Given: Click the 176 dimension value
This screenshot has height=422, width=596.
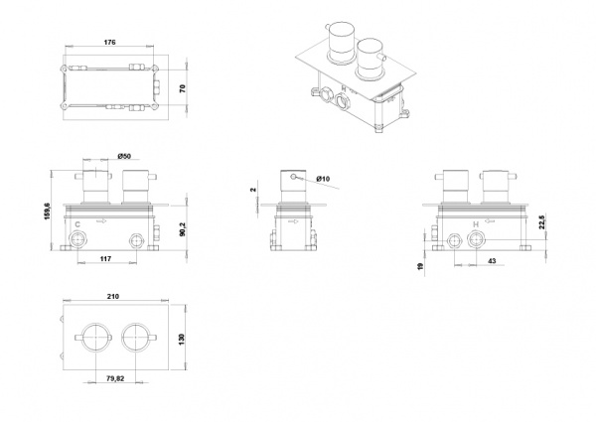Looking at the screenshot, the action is pos(109,42).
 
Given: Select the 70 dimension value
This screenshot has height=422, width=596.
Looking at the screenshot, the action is pos(183,88).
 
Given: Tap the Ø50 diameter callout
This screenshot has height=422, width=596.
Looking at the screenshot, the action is pos(124,156).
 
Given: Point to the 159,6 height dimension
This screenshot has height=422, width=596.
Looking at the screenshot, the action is pos(47,211).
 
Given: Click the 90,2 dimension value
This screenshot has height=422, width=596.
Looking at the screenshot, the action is pos(182,228).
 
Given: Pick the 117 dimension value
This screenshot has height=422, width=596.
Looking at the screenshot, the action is pos(105,259).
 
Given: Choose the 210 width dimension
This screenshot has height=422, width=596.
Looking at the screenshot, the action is pos(113,296).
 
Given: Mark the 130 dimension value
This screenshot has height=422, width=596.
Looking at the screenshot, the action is pos(182,339).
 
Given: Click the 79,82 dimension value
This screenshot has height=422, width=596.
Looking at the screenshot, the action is pos(115,378).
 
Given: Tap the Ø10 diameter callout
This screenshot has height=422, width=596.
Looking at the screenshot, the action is pos(323,179).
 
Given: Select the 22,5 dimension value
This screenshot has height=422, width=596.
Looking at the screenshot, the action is pos(541,222).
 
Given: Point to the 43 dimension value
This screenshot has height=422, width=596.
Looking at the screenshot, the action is pos(492,261).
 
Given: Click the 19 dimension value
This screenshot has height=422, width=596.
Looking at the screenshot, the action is pos(420,266).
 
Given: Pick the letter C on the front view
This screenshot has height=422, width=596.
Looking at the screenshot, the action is pos(77,224).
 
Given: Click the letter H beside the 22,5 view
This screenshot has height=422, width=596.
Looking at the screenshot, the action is pos(476,224).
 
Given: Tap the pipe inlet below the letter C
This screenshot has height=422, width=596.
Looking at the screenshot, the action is pos(77,240).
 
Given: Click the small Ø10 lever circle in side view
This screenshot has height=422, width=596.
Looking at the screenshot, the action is pos(293,176).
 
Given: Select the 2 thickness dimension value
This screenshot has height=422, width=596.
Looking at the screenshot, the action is pos(254,190).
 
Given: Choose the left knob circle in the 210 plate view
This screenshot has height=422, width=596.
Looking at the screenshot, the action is pos(95,337).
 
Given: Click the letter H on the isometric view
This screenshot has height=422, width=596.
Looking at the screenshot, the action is pos(344,89).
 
